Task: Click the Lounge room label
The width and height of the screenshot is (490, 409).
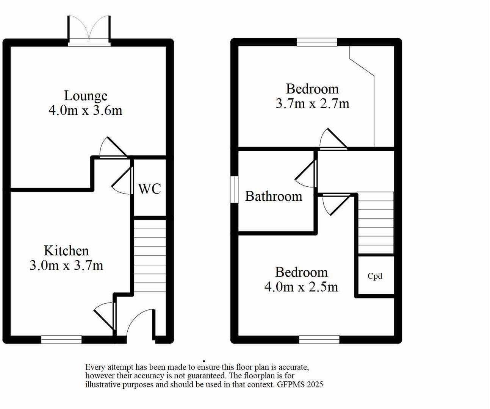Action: pos(86,96)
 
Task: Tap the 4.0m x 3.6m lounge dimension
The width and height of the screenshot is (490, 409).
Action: pos(86,111)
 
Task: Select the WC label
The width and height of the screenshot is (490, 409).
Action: pos(149,189)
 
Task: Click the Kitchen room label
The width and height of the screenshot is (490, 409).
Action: pos(66,251)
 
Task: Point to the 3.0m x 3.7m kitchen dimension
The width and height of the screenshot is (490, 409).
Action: pos(66,265)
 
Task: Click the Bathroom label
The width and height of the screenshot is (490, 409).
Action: pos(274,196)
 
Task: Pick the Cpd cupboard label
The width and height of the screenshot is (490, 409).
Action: pos(375,276)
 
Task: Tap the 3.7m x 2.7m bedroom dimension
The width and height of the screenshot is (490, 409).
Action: pos(312,103)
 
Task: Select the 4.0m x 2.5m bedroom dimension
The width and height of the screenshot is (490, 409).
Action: pos(301,287)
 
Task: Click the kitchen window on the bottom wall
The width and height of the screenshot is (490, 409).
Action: pos(61,339)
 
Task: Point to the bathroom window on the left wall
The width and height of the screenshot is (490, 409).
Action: pos(235,189)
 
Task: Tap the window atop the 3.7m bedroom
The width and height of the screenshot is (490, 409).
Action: pos(317,42)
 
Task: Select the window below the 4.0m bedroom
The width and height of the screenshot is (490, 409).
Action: pos(319,339)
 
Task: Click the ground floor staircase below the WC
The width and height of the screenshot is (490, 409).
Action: pos(150,256)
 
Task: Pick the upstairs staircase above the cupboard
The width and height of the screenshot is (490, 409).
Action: pos(376,223)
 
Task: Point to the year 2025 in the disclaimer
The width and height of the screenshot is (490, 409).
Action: pos(315,384)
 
